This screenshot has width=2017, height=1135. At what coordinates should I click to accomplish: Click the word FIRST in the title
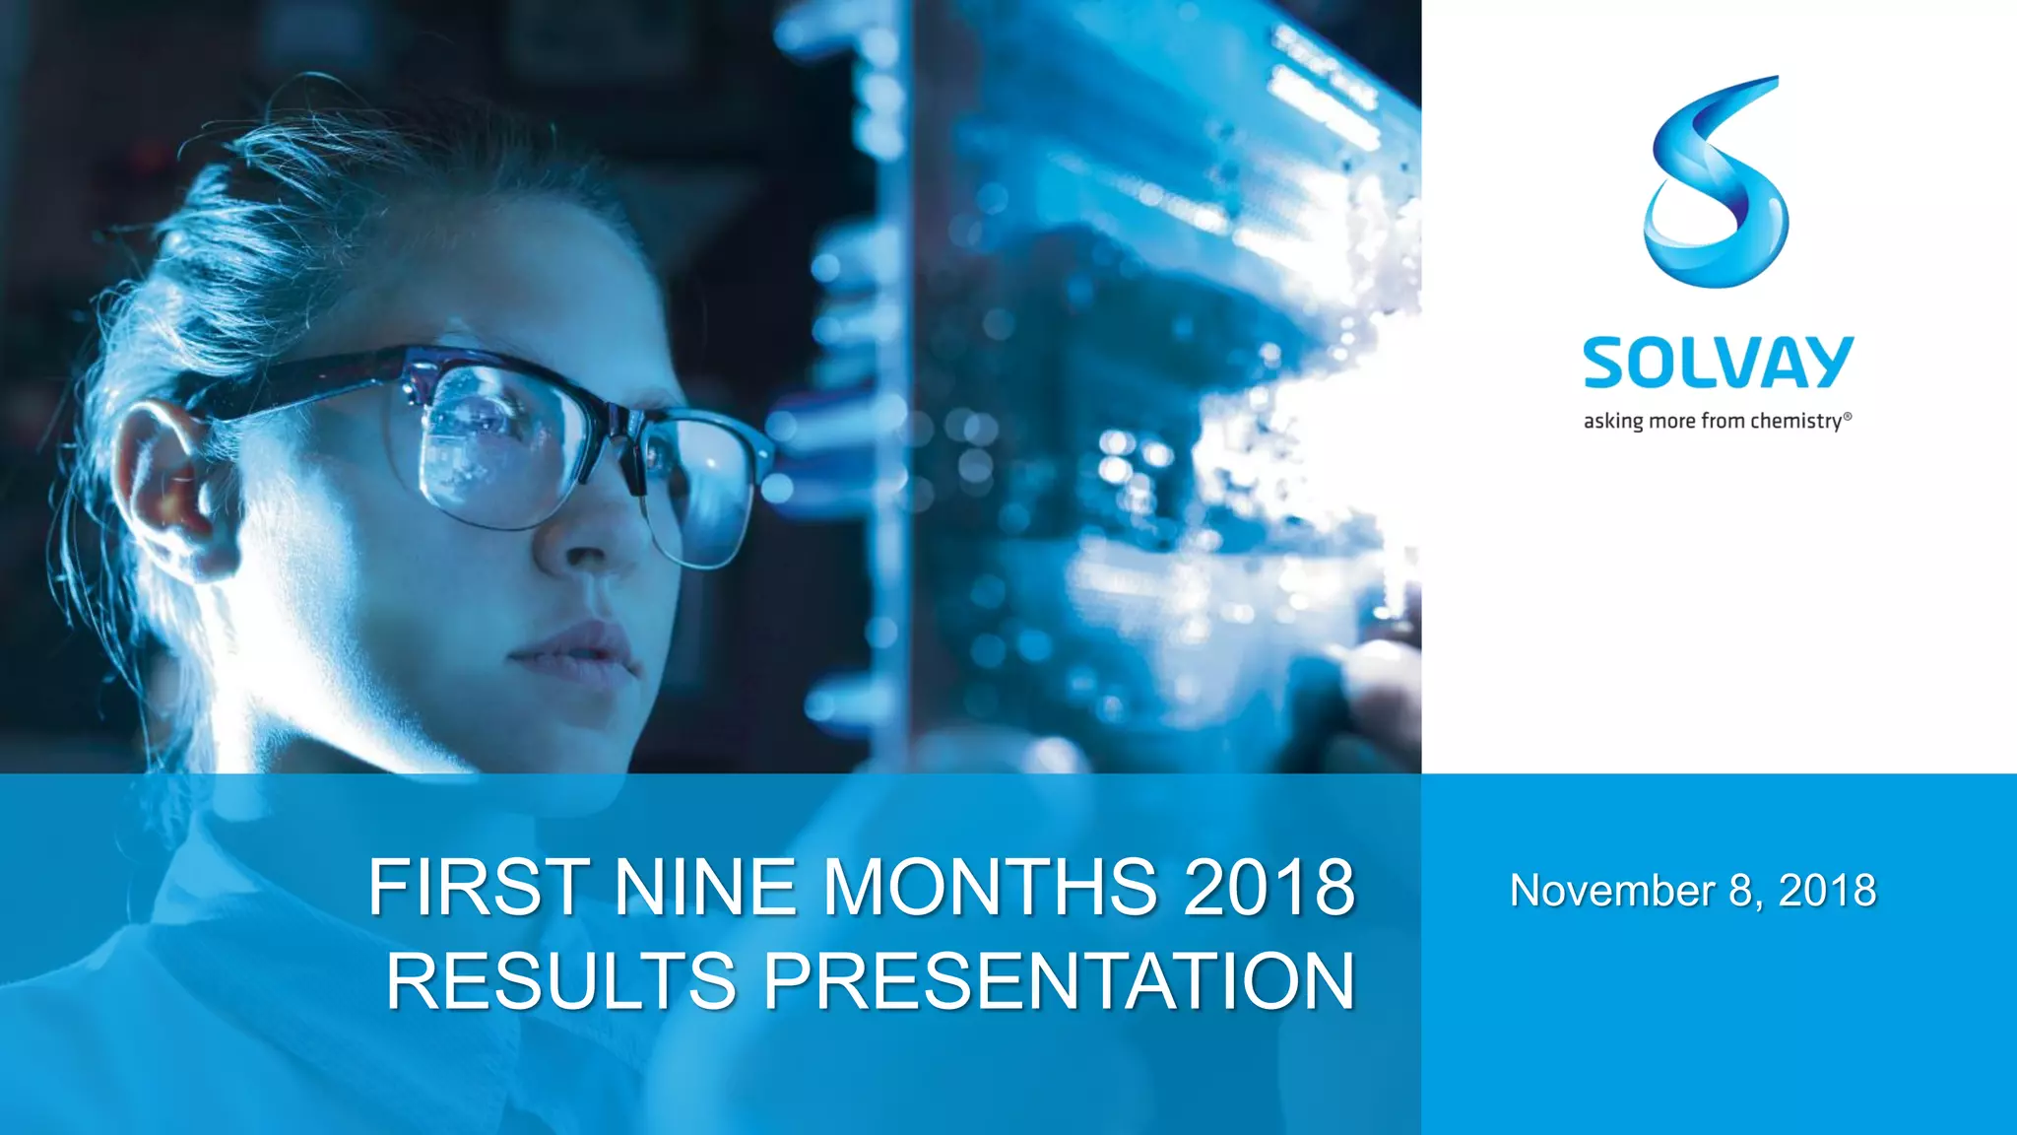479,888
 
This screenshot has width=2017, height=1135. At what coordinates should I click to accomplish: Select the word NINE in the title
704,888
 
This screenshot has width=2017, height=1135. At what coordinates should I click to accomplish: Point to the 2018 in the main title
1269,888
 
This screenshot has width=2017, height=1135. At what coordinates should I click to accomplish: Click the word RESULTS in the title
561,981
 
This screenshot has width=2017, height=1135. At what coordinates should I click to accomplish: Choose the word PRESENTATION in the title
1060,981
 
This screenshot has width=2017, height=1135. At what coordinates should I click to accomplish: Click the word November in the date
1611,892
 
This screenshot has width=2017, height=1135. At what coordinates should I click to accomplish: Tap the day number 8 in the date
1741,892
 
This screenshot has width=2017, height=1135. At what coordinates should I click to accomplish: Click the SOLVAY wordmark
1718,363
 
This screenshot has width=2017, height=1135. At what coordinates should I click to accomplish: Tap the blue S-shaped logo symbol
1716,182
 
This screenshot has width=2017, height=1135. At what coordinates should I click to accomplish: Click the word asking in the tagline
1613,422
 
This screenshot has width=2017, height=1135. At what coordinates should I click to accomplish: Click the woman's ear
163,483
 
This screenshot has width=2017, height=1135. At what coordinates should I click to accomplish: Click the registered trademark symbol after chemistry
1848,417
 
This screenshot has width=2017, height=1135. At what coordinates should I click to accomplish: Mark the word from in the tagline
1723,422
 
